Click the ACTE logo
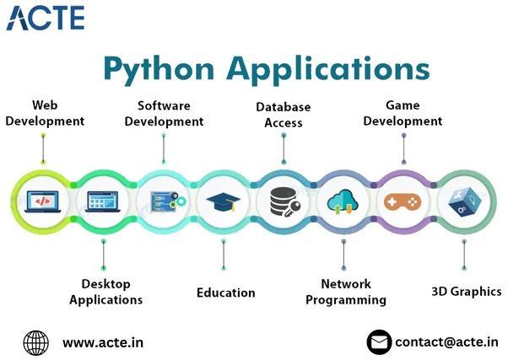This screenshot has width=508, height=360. point(46,17)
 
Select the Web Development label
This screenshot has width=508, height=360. point(45,113)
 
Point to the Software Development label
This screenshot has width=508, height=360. point(164,113)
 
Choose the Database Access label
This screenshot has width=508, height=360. point(284,115)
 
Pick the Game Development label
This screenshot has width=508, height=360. point(403,113)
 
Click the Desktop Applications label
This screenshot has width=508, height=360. point(105,291)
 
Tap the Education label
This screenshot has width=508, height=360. point(225,293)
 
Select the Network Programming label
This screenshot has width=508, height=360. point(345,291)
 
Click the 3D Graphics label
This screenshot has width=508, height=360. point(466,292)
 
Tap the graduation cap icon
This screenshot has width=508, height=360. point(224,202)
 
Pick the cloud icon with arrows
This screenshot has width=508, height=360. point(343,202)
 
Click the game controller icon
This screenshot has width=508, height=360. point(403,202)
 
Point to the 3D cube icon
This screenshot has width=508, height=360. point(463,202)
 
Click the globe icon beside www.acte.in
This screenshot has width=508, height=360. point(35,342)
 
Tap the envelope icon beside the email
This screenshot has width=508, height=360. point(380,342)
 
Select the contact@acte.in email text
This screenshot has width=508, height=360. point(446,342)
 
